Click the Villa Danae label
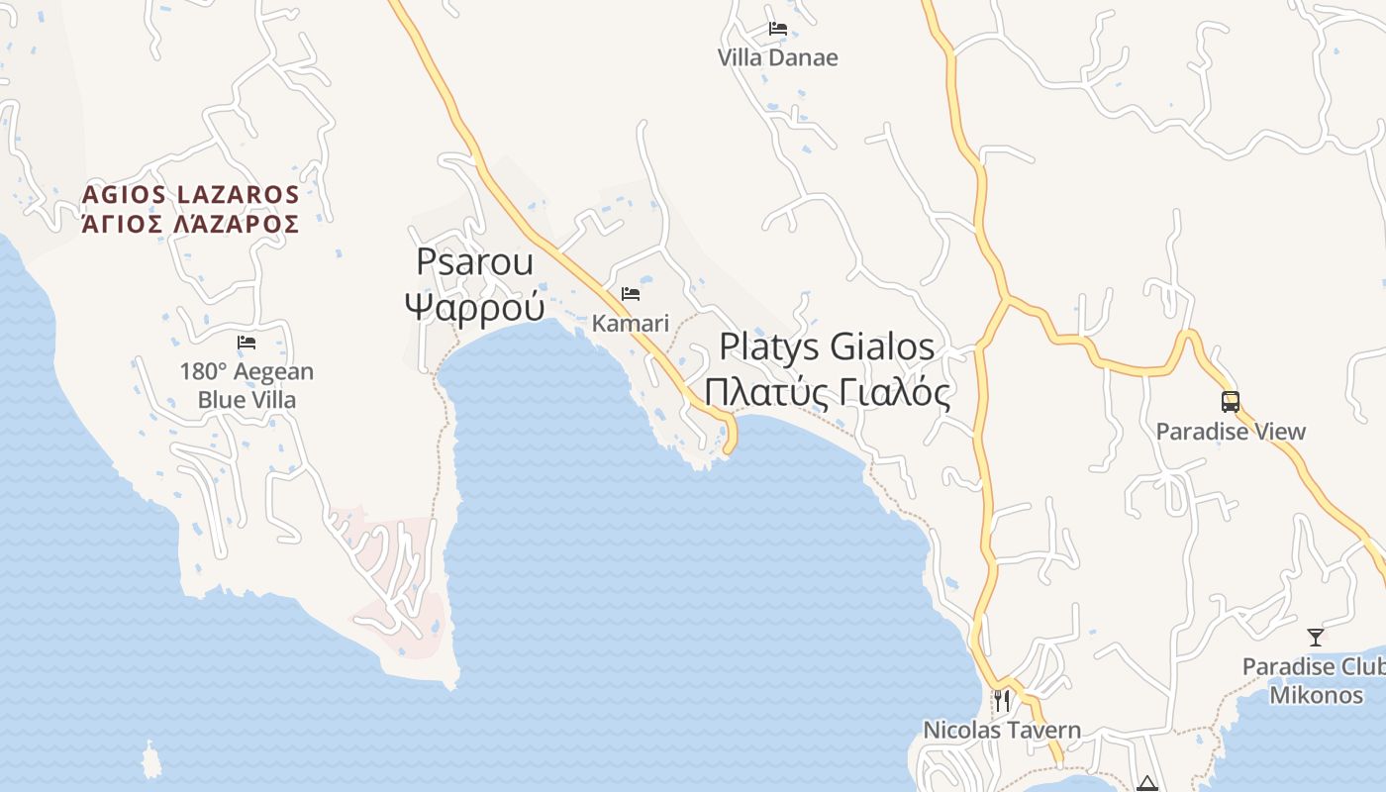tap(777, 57)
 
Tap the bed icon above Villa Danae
tap(778, 29)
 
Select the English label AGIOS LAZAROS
tap(190, 194)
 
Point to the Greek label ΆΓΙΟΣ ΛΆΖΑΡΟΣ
tap(190, 224)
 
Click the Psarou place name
tap(474, 261)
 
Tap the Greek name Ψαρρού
tap(474, 307)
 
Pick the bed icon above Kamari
tap(631, 294)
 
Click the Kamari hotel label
tap(631, 323)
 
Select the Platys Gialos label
tap(827, 346)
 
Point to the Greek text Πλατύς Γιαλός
tap(827, 392)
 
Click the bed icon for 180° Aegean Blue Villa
tap(247, 343)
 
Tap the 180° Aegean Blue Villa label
tap(247, 386)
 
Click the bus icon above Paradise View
tap(1231, 402)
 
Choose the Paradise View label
tap(1231, 432)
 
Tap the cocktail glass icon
tap(1316, 637)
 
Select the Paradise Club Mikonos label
tap(1315, 680)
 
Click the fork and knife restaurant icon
tap(1002, 701)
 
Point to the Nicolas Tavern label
tap(1002, 731)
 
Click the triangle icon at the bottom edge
tap(1147, 784)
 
